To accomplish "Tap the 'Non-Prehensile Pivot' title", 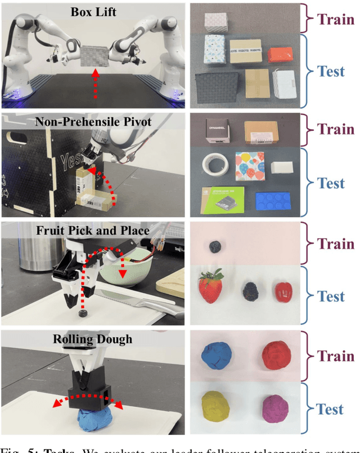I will [92, 122].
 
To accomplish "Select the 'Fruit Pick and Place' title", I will [92, 230].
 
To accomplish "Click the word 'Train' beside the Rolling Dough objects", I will [336, 356].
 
